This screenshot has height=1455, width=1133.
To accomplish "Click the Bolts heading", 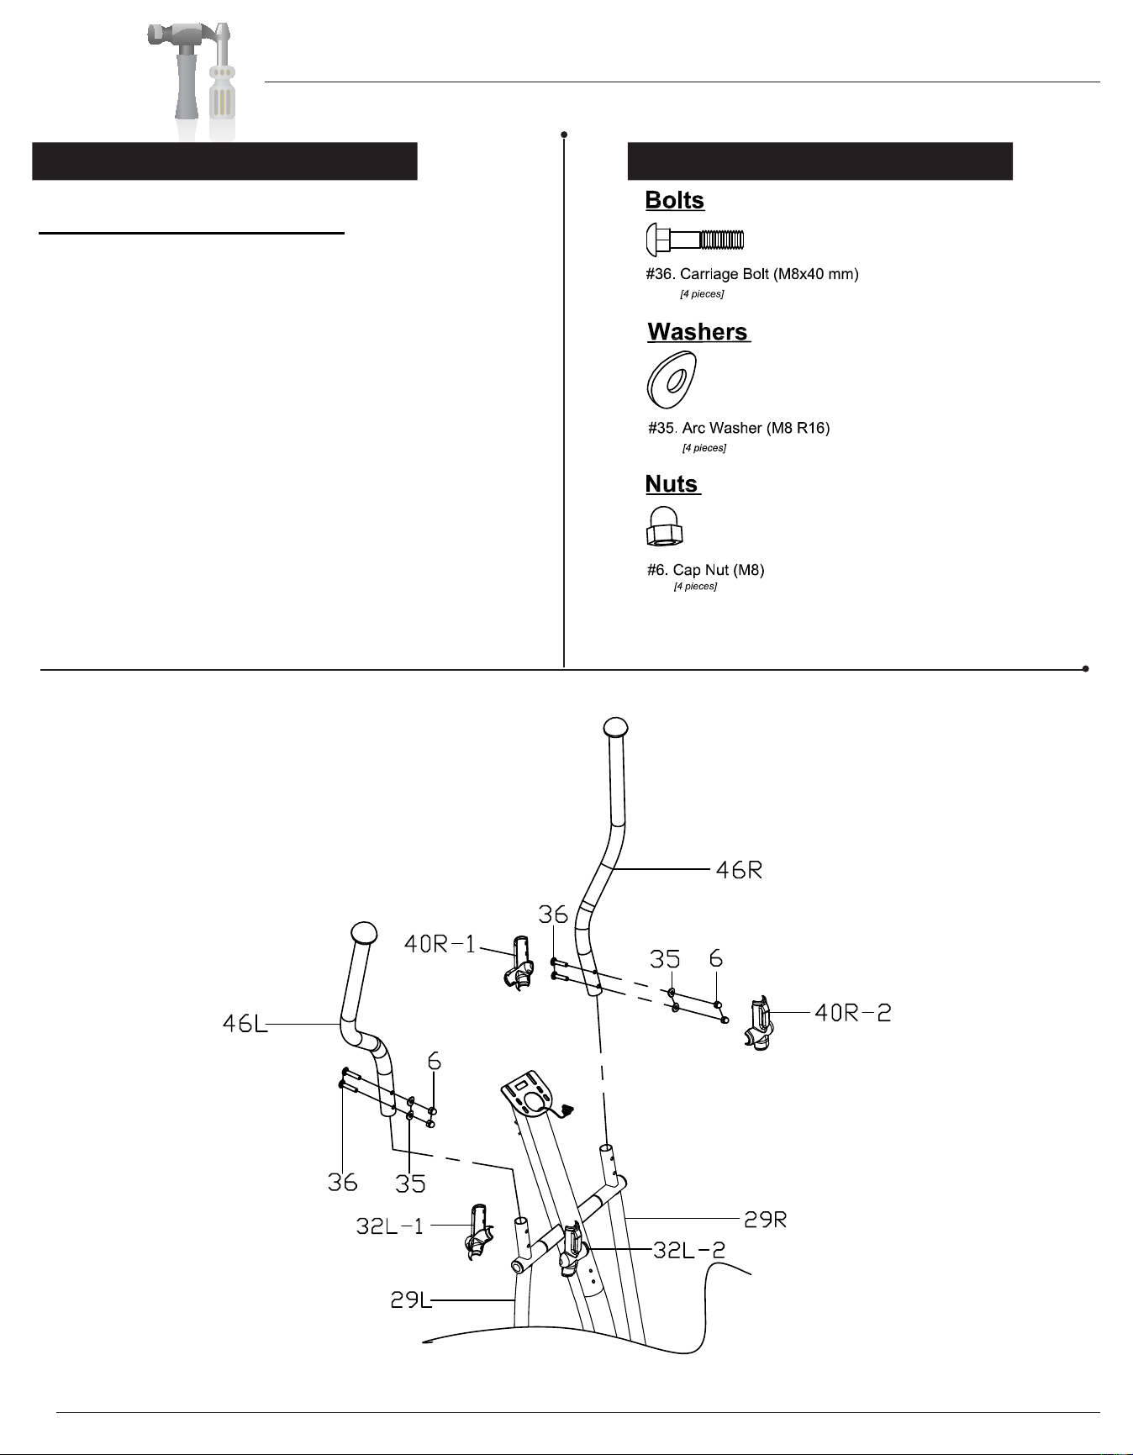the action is pyautogui.click(x=675, y=200).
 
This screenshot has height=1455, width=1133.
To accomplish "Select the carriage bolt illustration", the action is pyautogui.click(x=695, y=240).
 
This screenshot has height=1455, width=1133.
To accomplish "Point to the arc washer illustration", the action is pyautogui.click(x=672, y=380).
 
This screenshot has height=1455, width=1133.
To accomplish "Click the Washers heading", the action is pyautogui.click(x=698, y=332).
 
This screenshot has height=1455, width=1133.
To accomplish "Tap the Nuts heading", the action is pyautogui.click(x=672, y=484).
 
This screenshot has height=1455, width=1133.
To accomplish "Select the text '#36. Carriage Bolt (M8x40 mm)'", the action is pyautogui.click(x=752, y=274).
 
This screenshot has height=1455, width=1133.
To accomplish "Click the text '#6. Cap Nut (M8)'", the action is pyautogui.click(x=705, y=570).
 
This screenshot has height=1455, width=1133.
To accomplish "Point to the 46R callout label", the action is pyautogui.click(x=739, y=869).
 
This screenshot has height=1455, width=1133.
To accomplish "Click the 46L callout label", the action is pyautogui.click(x=245, y=1024).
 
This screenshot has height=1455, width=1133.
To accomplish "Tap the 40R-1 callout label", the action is pyautogui.click(x=440, y=944).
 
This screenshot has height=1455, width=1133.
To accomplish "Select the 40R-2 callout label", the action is pyautogui.click(x=853, y=1013).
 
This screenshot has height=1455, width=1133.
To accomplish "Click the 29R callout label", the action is pyautogui.click(x=766, y=1219).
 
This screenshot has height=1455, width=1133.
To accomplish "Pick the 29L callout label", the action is pyautogui.click(x=411, y=1300).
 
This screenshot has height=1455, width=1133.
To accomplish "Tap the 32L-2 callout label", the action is pyautogui.click(x=689, y=1250).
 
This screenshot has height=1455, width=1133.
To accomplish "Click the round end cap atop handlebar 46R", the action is pyautogui.click(x=616, y=726).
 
